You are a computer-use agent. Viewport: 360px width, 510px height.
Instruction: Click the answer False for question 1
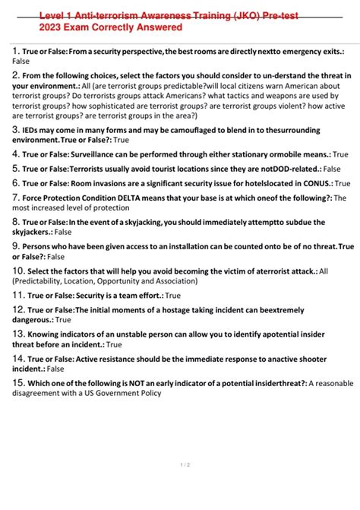point(21,60)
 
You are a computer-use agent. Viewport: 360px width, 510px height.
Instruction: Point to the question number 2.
point(15,75)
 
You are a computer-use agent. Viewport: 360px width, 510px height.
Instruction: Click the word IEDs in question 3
point(32,130)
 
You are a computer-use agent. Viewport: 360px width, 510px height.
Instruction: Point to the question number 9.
point(15,246)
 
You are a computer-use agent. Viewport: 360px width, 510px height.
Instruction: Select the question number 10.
point(17,271)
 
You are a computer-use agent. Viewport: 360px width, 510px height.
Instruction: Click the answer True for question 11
point(172,296)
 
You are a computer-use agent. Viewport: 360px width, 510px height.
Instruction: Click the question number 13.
point(17,334)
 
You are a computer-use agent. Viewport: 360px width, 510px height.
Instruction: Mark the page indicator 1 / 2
point(179,464)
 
